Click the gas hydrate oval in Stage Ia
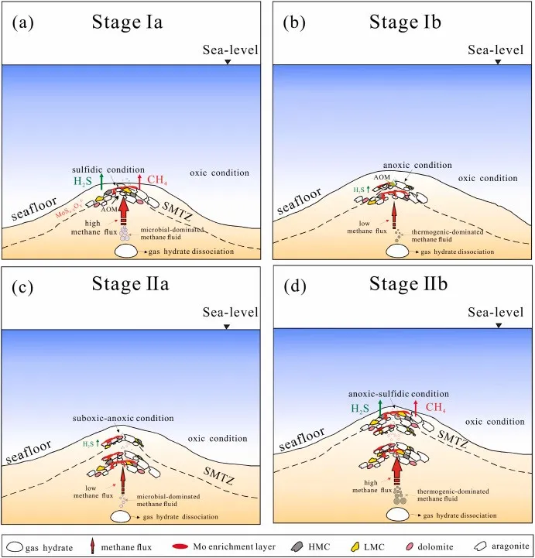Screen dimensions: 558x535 (x=128, y=252)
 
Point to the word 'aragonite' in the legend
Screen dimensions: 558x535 (x=506, y=546)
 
